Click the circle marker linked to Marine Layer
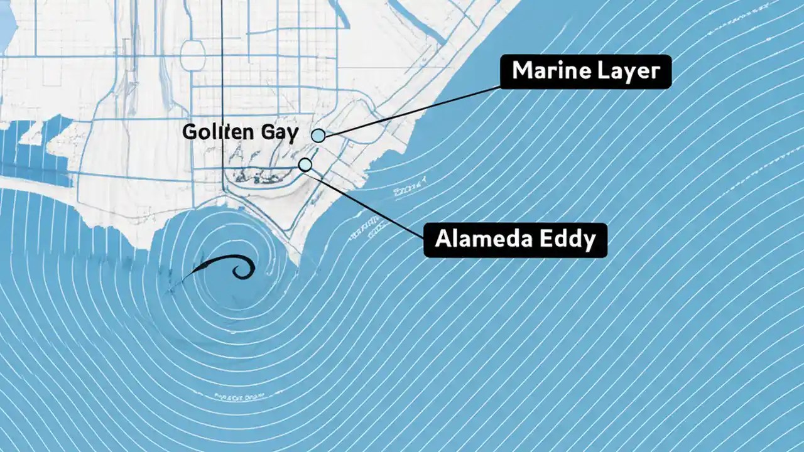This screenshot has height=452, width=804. pos(318,135)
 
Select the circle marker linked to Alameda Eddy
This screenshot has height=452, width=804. pos(305,164)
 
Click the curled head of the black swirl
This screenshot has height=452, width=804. pos(242,269)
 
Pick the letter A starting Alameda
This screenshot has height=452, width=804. pos(443,239)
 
